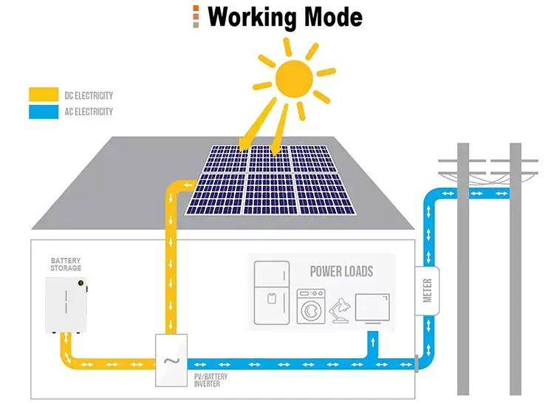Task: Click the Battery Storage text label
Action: (66, 264)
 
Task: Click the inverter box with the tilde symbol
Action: (171, 359)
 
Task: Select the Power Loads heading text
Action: (341, 271)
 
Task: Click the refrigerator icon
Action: (271, 293)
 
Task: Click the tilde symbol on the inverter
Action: (171, 361)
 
